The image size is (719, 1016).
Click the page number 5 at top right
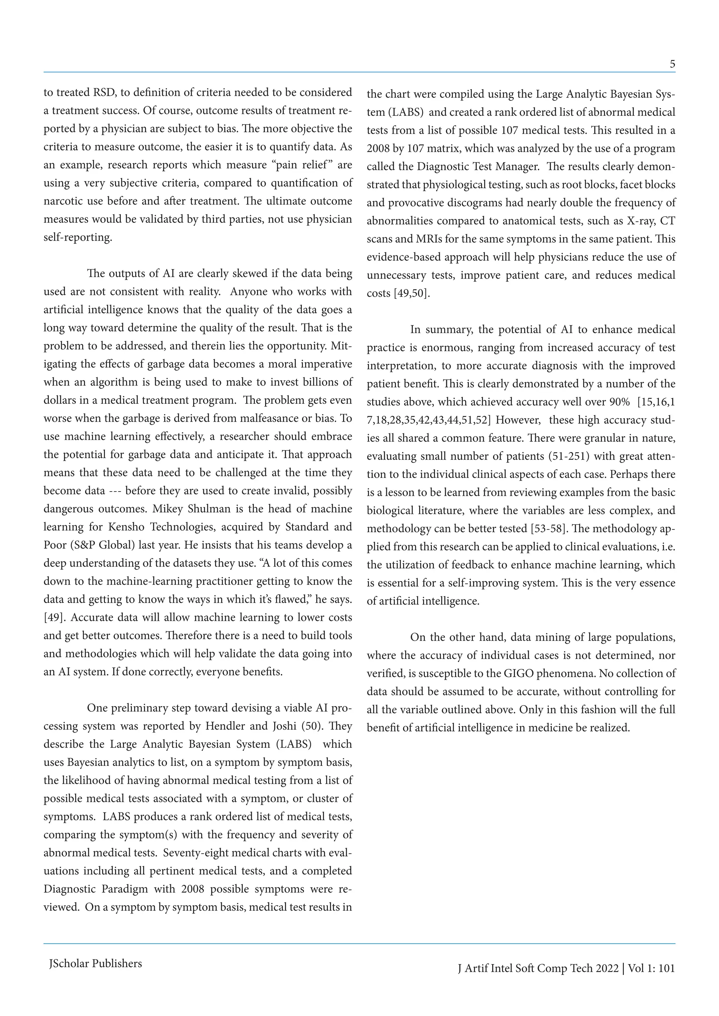coord(672,64)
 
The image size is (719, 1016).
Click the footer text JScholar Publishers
coord(95,963)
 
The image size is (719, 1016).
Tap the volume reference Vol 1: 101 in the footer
coord(651,968)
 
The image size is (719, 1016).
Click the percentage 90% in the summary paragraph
coord(619,402)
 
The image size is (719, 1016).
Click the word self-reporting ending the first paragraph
coord(78,237)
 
